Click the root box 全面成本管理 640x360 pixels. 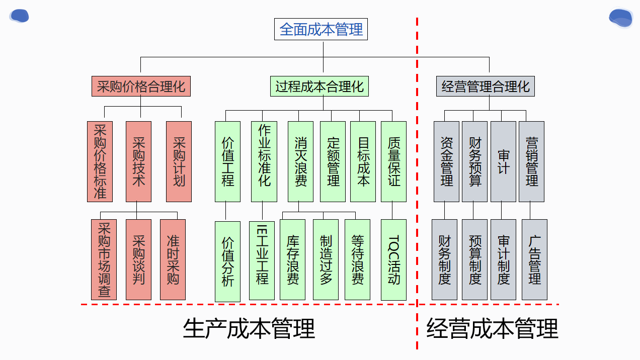pyautogui.click(x=321, y=29)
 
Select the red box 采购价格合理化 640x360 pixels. pyautogui.click(x=141, y=86)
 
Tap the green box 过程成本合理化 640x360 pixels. pyautogui.click(x=319, y=86)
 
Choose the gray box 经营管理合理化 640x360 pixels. pyautogui.click(x=486, y=86)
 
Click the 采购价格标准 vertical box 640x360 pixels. pyautogui.click(x=100, y=161)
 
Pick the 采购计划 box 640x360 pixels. pyautogui.click(x=179, y=161)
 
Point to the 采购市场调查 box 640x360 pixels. pyautogui.click(x=104, y=259)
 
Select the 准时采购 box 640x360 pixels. pyautogui.click(x=173, y=259)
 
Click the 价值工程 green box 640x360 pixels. pyautogui.click(x=227, y=161)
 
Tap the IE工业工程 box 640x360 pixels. pyautogui.click(x=262, y=260)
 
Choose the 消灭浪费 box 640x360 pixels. pyautogui.click(x=300, y=161)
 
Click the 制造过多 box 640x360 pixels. pyautogui.click(x=326, y=259)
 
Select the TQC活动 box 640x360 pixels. pyautogui.click(x=393, y=259)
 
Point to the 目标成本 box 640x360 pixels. pyautogui.click(x=363, y=161)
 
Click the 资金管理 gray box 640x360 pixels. pyautogui.click(x=446, y=161)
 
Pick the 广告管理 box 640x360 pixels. pyautogui.click(x=534, y=259)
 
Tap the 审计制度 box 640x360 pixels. pyautogui.click(x=503, y=259)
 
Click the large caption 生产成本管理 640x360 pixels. pyautogui.click(x=249, y=329)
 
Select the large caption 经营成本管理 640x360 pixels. pyautogui.click(x=492, y=329)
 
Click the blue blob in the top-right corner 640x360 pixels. pyautogui.click(x=621, y=18)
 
